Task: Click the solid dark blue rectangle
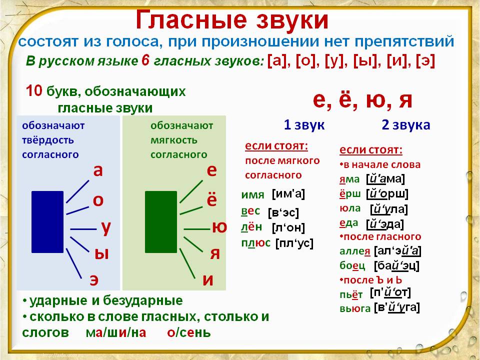point(47,222)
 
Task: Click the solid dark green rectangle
point(161,222)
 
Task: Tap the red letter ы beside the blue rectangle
point(101,254)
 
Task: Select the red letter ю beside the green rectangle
point(219,227)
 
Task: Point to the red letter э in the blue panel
point(94,280)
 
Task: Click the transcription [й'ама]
point(385,179)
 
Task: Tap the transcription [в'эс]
point(283,213)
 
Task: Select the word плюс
point(256,243)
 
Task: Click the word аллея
point(355,251)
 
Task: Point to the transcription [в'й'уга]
point(396,307)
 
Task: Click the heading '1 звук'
point(304,125)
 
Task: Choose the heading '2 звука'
point(406,125)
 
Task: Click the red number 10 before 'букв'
point(34,91)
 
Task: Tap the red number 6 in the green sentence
point(145,60)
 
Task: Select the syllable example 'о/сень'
point(189,332)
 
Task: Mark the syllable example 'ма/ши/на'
point(116,332)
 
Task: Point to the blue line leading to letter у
point(83,229)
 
